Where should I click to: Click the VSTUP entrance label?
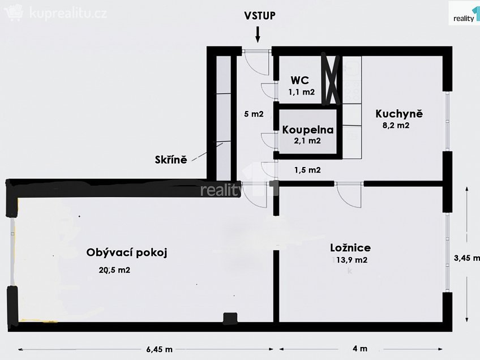[x=260, y=15]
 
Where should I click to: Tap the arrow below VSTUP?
[x=258, y=35]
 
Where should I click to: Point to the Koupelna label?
[x=308, y=130]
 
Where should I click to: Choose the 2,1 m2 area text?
[x=308, y=140]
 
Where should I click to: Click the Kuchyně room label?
[x=399, y=114]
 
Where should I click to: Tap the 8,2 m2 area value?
[x=396, y=126]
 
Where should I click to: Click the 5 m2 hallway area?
[x=253, y=114]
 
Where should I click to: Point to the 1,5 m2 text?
[x=307, y=170]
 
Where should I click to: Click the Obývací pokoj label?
[x=127, y=252]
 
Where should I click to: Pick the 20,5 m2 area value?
[x=115, y=270]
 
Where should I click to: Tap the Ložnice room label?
[x=350, y=247]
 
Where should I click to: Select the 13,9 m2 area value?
[x=352, y=260]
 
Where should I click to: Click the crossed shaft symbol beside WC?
[x=331, y=79]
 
